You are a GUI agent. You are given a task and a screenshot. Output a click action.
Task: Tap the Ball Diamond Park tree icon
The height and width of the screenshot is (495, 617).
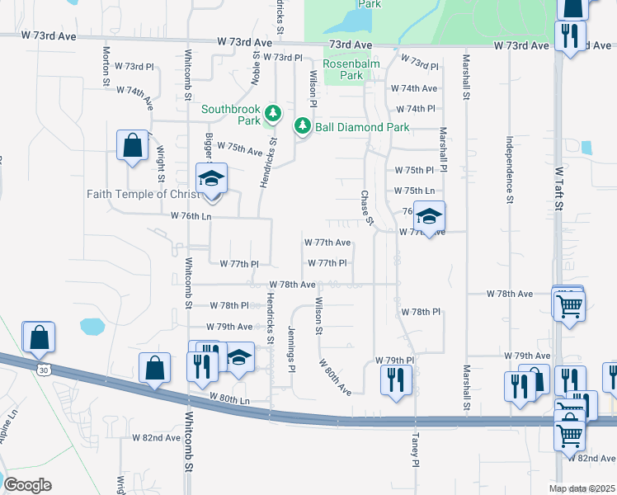303,126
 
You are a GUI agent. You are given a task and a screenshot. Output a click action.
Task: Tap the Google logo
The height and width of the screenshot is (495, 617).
27,484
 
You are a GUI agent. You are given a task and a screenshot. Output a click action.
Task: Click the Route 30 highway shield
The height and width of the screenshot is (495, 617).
43,370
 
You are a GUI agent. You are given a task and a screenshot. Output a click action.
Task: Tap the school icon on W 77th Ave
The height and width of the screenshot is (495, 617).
429,216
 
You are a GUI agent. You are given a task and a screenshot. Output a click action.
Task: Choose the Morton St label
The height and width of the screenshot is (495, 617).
106,66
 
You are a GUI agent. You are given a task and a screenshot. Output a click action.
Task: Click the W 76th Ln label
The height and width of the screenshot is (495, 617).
191,215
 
